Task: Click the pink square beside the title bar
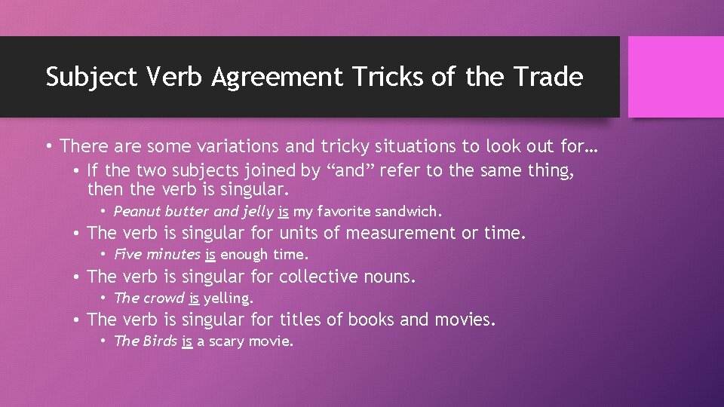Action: point(675,77)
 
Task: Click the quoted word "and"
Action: point(348,170)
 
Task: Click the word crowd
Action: point(164,298)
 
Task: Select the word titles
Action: point(302,320)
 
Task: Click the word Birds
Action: point(158,341)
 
